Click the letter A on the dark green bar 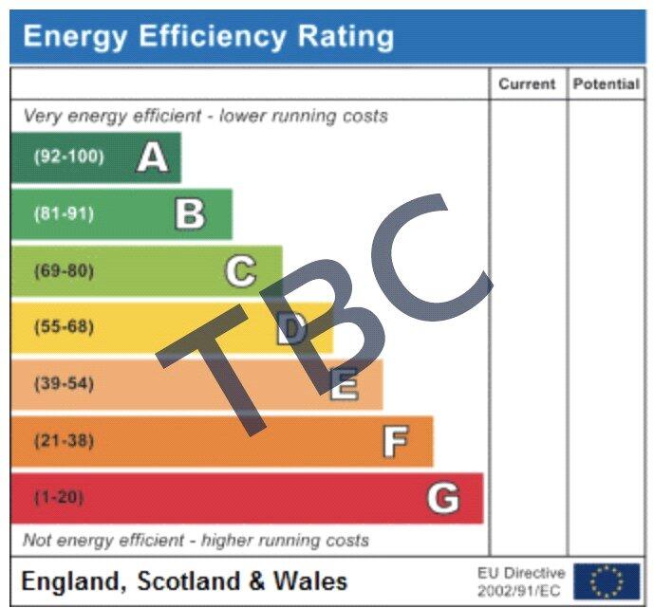pos(152,157)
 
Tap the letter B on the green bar pos(190,214)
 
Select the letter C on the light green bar pos(240,271)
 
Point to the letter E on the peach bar pos(344,385)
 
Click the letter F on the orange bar pos(395,441)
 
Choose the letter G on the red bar pos(443,498)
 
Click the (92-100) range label pos(69,157)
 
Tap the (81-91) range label pos(65,214)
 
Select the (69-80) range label pos(65,271)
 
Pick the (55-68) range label pos(65,328)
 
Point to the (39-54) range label pos(65,385)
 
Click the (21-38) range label pos(65,441)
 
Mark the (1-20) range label pos(58,498)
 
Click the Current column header pos(527,84)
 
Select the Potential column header pos(606,84)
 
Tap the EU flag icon pos(607,580)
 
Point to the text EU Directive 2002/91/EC pos(521,581)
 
